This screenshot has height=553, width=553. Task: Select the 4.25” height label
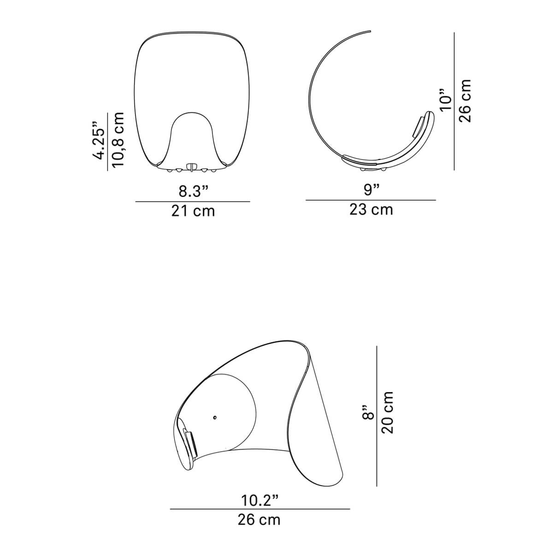(99, 141)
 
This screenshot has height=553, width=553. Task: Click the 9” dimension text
(371, 190)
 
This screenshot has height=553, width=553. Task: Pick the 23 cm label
(371, 210)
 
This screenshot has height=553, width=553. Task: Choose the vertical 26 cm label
(465, 100)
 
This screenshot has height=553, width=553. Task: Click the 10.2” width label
(260, 500)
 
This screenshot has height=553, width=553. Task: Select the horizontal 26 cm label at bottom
(259, 519)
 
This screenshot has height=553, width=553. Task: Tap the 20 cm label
(387, 412)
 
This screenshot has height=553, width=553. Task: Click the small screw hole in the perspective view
(215, 418)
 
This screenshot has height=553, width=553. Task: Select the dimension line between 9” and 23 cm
(371, 200)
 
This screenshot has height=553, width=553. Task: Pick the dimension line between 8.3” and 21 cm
(193, 201)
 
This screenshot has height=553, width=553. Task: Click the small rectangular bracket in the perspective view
(190, 441)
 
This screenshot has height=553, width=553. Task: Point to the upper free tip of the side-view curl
(370, 31)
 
